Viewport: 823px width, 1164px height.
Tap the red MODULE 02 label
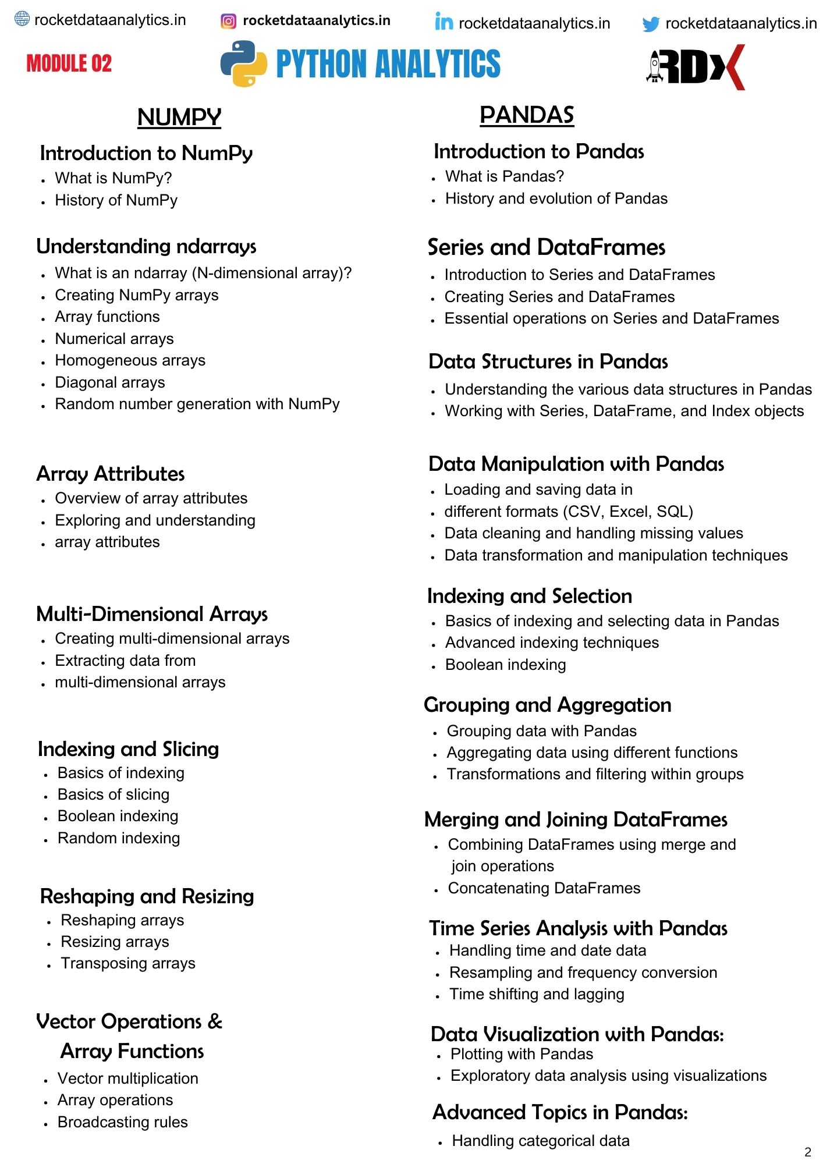(x=69, y=63)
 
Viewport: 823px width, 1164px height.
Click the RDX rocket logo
(x=696, y=67)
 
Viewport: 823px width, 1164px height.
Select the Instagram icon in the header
(x=229, y=22)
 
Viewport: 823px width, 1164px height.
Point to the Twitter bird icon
(x=651, y=24)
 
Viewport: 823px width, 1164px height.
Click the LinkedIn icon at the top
(x=444, y=22)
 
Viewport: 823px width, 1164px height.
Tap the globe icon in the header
(x=22, y=19)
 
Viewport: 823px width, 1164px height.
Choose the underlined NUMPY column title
(x=179, y=117)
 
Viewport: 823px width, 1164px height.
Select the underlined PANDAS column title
(x=527, y=115)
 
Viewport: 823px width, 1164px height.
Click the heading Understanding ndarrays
(x=146, y=246)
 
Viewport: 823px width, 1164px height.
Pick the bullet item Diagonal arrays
(x=110, y=382)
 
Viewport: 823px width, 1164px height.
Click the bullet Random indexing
(x=119, y=838)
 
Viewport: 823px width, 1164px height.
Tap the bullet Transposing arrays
(x=128, y=963)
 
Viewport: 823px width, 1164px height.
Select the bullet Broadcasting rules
(x=123, y=1122)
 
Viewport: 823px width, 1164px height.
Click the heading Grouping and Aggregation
(x=548, y=705)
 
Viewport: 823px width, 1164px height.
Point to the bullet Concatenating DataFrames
(x=544, y=888)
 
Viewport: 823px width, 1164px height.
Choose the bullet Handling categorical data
(x=541, y=1141)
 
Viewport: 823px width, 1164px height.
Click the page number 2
(x=807, y=1152)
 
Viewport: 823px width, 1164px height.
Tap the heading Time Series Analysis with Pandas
(x=578, y=928)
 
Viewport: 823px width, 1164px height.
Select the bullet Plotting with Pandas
(x=522, y=1054)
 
